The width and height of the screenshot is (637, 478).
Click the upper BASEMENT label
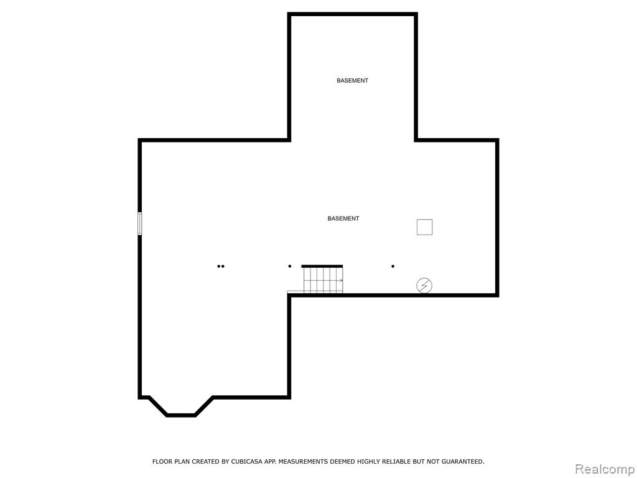352,80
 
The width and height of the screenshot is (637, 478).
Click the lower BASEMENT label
343,218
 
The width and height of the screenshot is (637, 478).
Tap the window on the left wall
140,223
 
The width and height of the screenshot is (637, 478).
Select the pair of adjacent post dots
221,266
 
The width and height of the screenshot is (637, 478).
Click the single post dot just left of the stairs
290,266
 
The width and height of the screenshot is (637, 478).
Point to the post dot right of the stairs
393,266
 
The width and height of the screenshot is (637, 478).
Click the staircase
323,279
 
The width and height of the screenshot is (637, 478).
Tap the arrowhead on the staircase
342,281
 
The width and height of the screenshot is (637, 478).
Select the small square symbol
424,227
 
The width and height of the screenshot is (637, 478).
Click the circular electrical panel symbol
424,286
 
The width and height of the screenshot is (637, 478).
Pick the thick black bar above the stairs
322,266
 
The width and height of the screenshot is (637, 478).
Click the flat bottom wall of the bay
181,415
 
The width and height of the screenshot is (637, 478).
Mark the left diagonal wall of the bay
158,406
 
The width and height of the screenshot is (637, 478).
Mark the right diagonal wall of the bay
204,406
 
